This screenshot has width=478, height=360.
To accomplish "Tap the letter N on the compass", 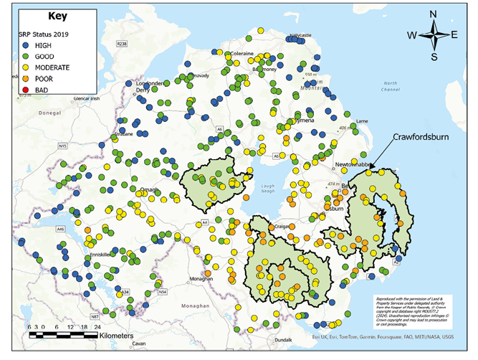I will [x=434, y=14].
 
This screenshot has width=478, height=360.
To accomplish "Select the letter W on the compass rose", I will [x=412, y=35].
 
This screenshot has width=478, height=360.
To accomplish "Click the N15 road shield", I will [x=62, y=146].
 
